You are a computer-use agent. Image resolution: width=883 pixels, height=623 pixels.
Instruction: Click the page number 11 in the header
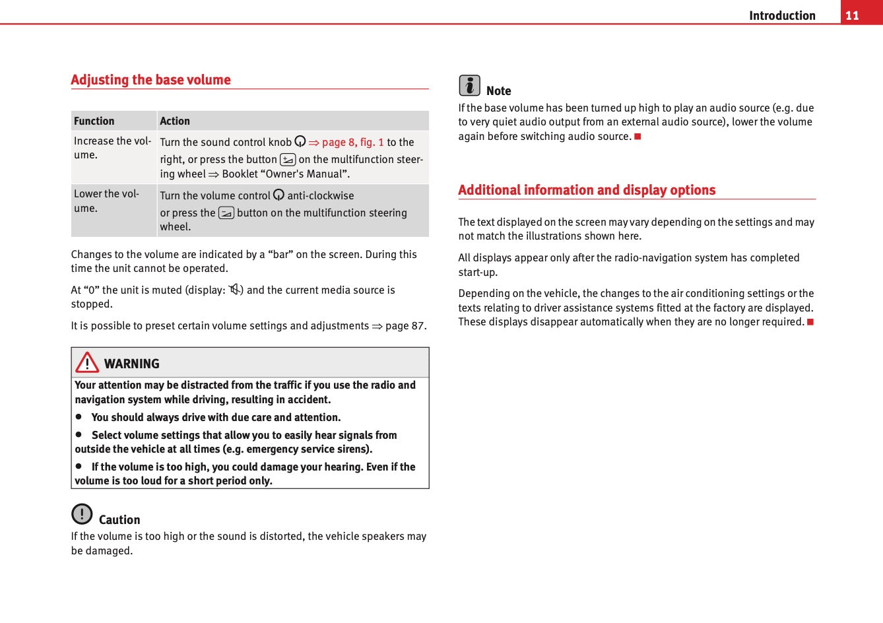tap(852, 15)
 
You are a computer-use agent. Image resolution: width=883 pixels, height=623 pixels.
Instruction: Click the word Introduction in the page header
tap(782, 15)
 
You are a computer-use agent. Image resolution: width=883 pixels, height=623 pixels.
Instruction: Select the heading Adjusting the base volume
tap(150, 80)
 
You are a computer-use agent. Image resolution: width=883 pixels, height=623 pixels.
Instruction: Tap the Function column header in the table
tap(94, 121)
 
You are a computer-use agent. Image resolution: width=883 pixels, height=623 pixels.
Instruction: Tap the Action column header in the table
tap(175, 121)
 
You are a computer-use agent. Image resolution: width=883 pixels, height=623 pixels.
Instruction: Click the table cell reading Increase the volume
tap(112, 148)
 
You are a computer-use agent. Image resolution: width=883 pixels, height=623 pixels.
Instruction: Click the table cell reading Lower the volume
tap(106, 201)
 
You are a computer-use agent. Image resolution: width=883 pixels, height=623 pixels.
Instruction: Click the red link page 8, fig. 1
tap(352, 142)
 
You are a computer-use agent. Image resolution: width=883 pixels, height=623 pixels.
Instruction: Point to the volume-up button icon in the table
tap(288, 159)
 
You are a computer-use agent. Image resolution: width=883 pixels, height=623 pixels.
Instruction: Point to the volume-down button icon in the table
tap(226, 213)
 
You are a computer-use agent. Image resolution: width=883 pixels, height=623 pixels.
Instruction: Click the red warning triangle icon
tap(87, 362)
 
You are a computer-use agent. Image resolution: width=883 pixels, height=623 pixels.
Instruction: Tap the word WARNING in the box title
tap(131, 364)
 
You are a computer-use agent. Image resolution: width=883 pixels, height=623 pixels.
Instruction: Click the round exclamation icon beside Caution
tap(82, 513)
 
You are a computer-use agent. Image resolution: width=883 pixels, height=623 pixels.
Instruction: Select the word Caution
tap(119, 519)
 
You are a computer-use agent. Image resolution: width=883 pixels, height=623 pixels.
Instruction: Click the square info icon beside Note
tap(469, 85)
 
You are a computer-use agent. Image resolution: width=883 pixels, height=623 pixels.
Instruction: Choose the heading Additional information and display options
tap(587, 190)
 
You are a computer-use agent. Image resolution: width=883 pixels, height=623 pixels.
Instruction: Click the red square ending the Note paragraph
tap(638, 137)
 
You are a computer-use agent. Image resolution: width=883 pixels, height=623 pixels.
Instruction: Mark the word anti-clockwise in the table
tap(320, 195)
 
